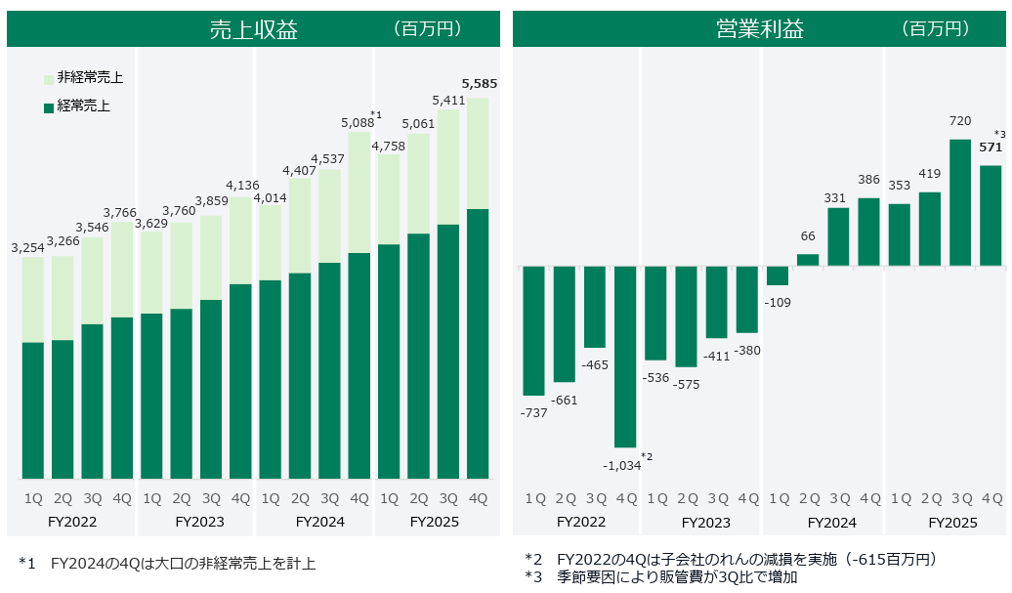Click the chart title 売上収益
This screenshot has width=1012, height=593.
[253, 29]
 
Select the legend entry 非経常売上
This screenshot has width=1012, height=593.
[89, 77]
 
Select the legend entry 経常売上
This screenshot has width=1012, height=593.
[83, 106]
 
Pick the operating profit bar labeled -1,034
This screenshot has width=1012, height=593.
[625, 357]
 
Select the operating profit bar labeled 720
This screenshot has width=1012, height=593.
[960, 202]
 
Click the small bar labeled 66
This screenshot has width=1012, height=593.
[808, 260]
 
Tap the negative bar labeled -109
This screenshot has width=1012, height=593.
[778, 275]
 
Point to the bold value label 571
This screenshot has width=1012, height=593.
[991, 148]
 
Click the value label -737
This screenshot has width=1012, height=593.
[534, 413]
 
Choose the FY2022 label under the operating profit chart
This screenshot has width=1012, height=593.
[581, 522]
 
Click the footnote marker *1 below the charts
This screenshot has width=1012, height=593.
[26, 564]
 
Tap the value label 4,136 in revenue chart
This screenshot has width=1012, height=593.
[240, 186]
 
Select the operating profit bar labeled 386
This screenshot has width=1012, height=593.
[868, 232]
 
